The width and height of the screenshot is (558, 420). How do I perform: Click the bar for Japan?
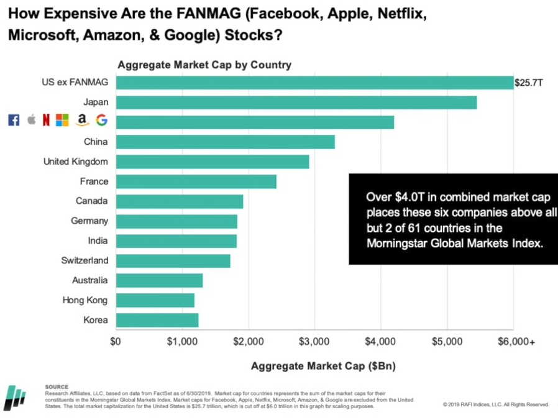tap(296, 103)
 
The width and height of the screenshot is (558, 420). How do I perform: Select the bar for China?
tap(225, 142)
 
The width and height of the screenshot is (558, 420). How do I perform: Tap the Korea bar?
tap(157, 320)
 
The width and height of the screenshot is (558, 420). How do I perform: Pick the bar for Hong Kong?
tap(155, 300)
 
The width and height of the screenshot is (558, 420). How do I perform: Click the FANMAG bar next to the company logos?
tap(255, 122)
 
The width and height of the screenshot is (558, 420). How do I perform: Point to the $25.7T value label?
tap(528, 83)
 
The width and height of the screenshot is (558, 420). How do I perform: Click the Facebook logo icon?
tap(14, 121)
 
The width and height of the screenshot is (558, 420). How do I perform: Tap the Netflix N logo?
tap(46, 121)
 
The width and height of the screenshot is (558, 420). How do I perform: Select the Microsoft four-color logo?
tap(62, 121)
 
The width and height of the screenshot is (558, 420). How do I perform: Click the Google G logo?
tap(101, 121)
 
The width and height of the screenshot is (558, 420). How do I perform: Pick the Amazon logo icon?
tap(82, 121)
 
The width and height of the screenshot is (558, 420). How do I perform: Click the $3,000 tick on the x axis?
tap(314, 342)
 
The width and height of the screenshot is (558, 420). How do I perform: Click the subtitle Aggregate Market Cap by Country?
tap(204, 65)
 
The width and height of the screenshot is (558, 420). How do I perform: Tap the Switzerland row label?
tap(85, 260)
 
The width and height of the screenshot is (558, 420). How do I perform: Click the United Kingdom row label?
tap(75, 162)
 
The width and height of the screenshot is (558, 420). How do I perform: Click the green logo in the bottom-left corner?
tap(15, 398)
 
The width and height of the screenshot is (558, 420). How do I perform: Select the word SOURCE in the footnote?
tap(57, 386)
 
